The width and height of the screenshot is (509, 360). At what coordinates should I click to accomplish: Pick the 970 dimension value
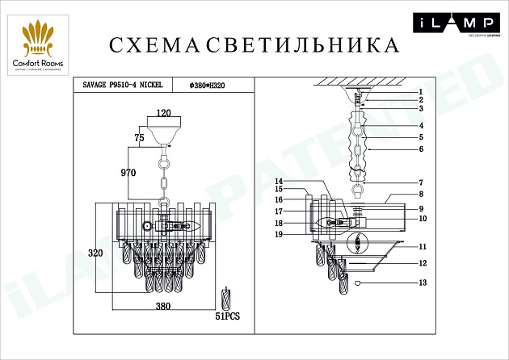[128, 173]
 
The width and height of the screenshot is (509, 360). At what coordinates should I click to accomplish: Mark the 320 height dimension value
[95, 253]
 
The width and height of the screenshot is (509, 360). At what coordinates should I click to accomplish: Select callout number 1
[421, 91]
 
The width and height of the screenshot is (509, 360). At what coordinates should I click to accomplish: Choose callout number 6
[421, 149]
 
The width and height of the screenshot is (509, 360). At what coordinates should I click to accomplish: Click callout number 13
[421, 283]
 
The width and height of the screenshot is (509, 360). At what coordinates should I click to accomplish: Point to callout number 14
[278, 181]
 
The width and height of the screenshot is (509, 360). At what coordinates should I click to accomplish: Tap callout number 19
[278, 234]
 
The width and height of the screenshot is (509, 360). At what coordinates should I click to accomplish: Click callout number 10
[421, 218]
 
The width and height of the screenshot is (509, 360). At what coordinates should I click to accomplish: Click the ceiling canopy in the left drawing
[164, 133]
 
